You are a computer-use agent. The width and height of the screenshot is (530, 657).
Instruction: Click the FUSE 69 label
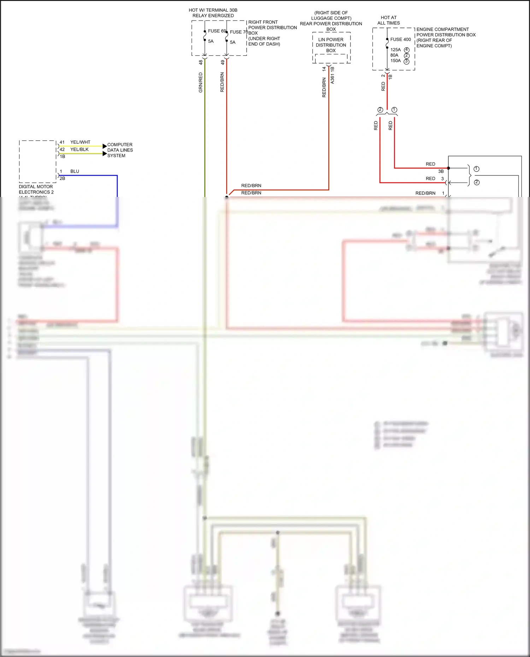click(x=216, y=31)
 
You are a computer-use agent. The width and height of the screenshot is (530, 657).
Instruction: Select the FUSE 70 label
click(x=238, y=32)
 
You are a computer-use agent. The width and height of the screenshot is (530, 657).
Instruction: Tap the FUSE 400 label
click(x=400, y=40)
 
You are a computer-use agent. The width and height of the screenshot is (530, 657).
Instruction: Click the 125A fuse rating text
click(x=395, y=50)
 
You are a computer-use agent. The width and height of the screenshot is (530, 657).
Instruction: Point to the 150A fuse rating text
click(x=395, y=61)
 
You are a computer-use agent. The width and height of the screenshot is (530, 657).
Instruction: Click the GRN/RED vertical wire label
click(x=201, y=83)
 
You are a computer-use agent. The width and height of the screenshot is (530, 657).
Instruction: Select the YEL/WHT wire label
click(x=80, y=142)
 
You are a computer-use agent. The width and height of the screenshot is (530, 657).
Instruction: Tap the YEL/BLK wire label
click(x=79, y=149)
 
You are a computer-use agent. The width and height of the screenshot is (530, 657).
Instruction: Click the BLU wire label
click(x=75, y=171)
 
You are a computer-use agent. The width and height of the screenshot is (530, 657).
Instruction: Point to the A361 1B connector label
click(x=332, y=75)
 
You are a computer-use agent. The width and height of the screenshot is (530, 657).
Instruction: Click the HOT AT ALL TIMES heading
click(x=389, y=20)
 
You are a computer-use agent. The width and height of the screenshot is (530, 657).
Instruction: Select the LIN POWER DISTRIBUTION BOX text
click(x=331, y=45)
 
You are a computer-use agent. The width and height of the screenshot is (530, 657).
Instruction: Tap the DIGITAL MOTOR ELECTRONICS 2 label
click(x=36, y=190)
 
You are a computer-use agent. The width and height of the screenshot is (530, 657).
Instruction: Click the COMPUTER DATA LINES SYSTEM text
click(x=120, y=150)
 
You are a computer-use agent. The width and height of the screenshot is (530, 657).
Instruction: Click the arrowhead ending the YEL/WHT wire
click(x=105, y=146)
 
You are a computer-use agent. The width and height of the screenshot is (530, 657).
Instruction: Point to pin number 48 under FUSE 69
click(x=201, y=62)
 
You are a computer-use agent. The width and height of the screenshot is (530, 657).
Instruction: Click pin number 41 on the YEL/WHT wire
click(x=62, y=142)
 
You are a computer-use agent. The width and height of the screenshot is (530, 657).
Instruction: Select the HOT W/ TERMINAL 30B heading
click(x=213, y=13)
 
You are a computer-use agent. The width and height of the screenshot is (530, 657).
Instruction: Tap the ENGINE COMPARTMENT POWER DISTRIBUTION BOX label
click(x=446, y=37)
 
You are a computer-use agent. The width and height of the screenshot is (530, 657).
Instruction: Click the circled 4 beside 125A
click(x=407, y=50)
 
